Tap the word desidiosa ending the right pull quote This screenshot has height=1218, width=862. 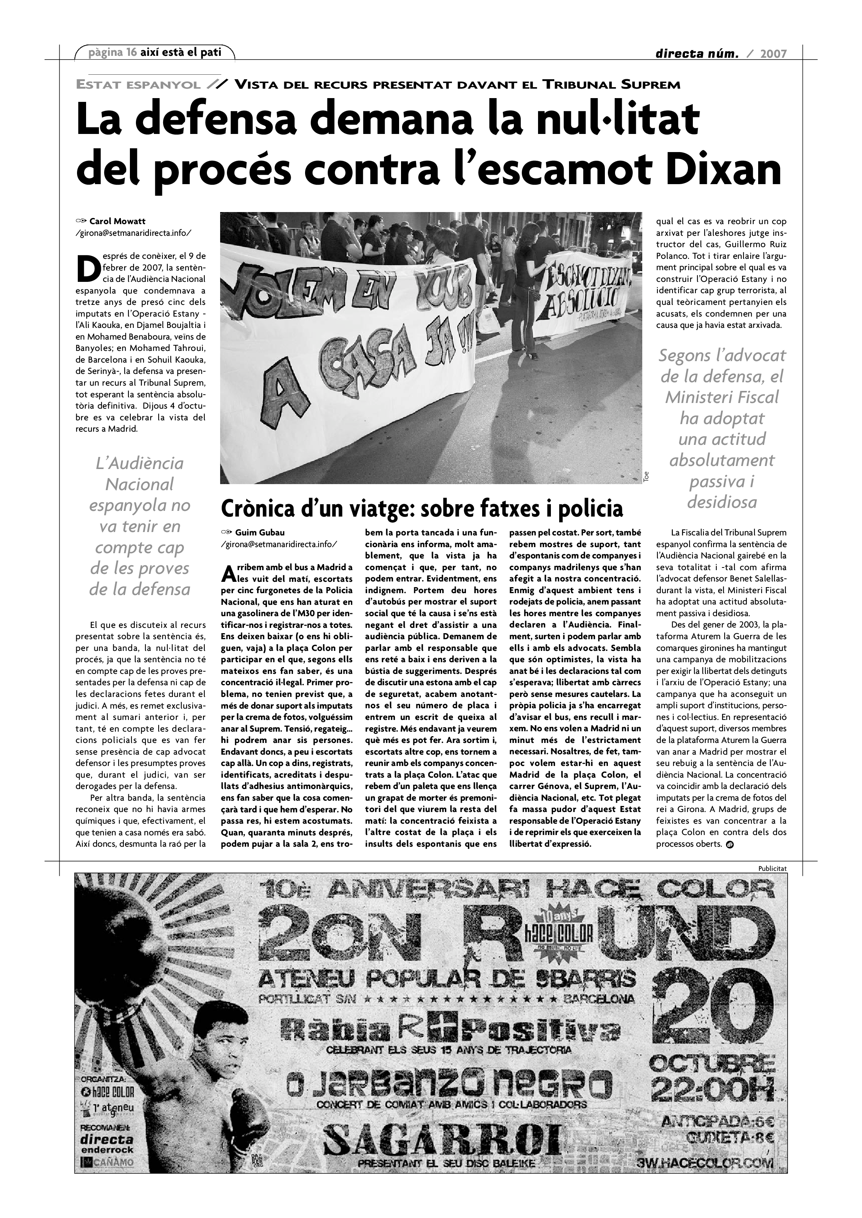click(722, 502)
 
